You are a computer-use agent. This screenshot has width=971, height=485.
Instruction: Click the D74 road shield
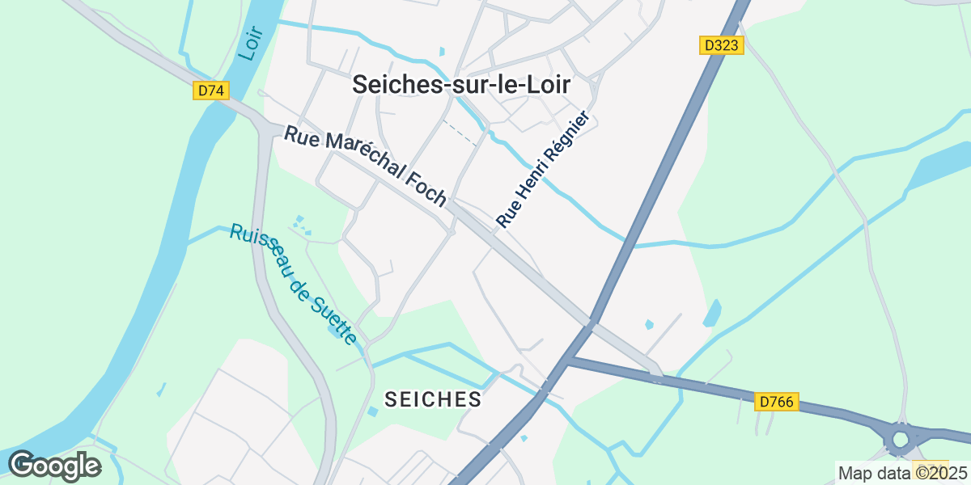(x=210, y=91)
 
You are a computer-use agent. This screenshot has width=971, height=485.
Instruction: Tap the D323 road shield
(x=721, y=45)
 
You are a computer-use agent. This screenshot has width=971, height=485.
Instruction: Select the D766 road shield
(x=777, y=401)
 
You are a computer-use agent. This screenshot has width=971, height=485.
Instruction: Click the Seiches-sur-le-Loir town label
(x=461, y=86)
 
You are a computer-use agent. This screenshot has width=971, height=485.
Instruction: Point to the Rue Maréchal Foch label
(x=365, y=166)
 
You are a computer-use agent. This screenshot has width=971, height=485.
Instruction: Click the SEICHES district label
(x=433, y=399)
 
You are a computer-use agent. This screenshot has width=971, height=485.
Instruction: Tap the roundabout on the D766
(x=901, y=439)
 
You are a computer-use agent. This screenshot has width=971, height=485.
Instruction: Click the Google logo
(x=54, y=466)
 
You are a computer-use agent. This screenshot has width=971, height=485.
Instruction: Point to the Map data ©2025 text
(x=902, y=473)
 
